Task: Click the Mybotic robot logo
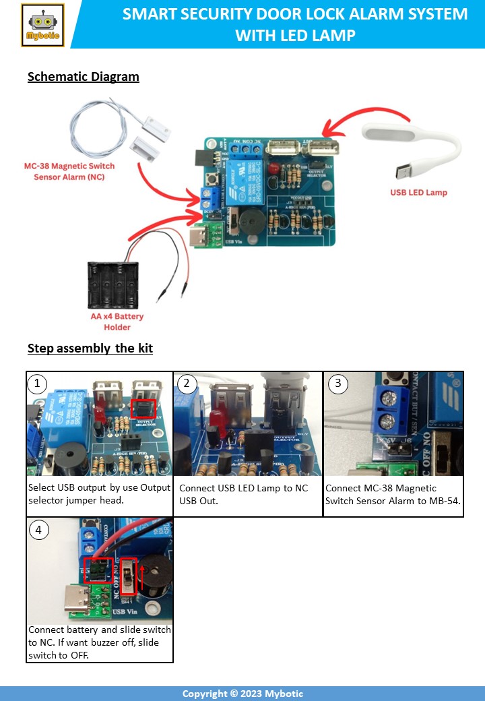(42, 25)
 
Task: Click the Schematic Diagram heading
(84, 76)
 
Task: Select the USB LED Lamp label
(418, 192)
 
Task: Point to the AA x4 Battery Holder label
(117, 322)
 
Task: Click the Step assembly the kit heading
(90, 348)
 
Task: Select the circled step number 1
(38, 384)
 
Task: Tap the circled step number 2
(186, 384)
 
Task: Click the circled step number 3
(338, 384)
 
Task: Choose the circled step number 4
(38, 530)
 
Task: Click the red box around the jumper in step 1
(143, 408)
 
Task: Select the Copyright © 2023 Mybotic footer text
(243, 694)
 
